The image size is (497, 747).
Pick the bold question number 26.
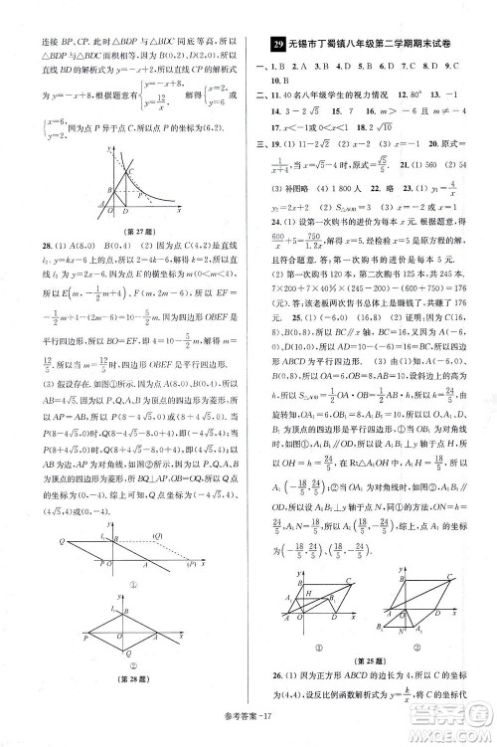pos(273,674)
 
